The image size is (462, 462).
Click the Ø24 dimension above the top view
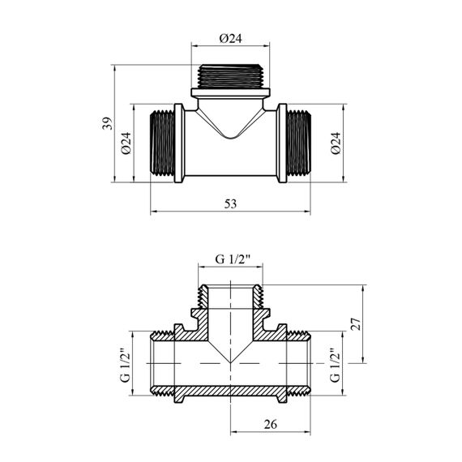(230, 38)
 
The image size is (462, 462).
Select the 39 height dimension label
(107, 123)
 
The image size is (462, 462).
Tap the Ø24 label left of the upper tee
(126, 143)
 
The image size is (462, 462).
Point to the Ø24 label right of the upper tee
(336, 143)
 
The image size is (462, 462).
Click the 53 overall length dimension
(230, 203)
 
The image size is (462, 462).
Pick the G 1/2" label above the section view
(233, 259)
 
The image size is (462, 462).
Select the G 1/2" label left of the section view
(125, 366)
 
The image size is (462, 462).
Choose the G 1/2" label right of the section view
(335, 366)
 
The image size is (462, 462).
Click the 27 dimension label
(356, 324)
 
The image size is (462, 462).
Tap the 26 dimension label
(271, 424)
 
